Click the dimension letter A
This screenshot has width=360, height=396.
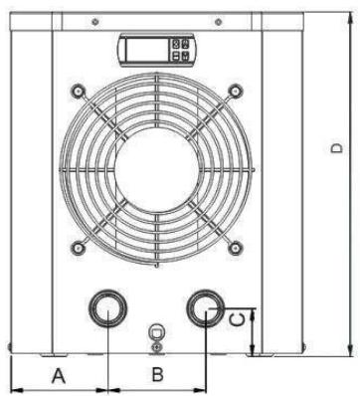(x=59, y=375)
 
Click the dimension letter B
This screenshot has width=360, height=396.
(x=157, y=374)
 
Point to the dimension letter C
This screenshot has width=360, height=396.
(x=238, y=319)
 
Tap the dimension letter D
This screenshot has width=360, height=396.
(x=336, y=148)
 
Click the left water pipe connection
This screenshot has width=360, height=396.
(x=107, y=308)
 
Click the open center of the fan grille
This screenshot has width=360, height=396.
(x=157, y=170)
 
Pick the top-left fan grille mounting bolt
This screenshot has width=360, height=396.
(x=79, y=91)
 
